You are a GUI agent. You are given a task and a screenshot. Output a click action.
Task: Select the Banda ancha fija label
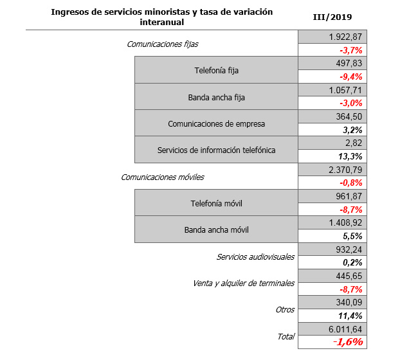tap(216, 97)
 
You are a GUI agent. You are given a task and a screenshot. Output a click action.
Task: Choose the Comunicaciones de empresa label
tap(216, 123)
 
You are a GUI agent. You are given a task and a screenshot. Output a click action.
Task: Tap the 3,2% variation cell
tap(352, 129)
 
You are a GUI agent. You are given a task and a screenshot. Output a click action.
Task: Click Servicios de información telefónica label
tap(216, 150)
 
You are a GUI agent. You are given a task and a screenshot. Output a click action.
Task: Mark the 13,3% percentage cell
tap(351, 156)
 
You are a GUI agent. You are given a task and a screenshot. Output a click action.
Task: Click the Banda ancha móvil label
tap(216, 229)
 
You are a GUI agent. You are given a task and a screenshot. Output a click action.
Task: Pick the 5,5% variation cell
tap(352, 235)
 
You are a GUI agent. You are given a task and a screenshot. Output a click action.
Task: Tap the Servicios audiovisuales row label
tap(255, 256)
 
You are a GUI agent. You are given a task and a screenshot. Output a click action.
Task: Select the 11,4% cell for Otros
tap(351, 314)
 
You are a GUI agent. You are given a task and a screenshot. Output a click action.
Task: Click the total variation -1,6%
tap(348, 341)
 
